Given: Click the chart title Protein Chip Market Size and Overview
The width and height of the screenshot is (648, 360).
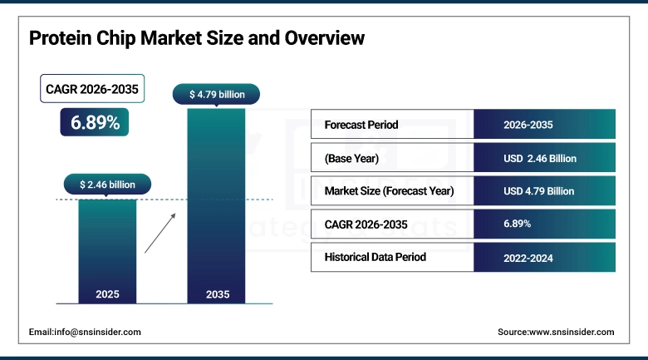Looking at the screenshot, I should tap(197, 38).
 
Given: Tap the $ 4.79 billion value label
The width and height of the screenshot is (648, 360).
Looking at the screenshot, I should tap(217, 94).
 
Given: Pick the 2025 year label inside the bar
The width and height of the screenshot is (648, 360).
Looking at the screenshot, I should tap(107, 294).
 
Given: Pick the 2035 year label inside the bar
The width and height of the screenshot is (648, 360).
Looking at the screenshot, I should tap(216, 294).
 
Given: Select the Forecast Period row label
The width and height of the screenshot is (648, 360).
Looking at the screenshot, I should tap(361, 125).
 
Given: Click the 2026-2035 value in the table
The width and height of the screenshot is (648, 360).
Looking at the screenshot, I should tap(528, 125).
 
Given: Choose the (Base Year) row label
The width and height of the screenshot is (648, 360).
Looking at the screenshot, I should tap(351, 158).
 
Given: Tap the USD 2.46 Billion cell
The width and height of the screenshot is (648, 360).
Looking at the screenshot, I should tap(540, 158).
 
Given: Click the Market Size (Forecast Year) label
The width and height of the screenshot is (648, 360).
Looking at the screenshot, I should tap(389, 190).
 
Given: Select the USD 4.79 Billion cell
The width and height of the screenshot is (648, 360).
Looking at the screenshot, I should tap(539, 190).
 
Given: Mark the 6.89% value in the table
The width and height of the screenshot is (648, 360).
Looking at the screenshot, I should tap(518, 224).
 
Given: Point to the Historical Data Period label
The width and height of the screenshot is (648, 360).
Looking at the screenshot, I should tap(376, 257).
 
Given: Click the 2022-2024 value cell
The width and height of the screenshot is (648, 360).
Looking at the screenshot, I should tap(528, 258).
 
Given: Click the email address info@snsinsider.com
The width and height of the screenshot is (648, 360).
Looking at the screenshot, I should tap(85, 332).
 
